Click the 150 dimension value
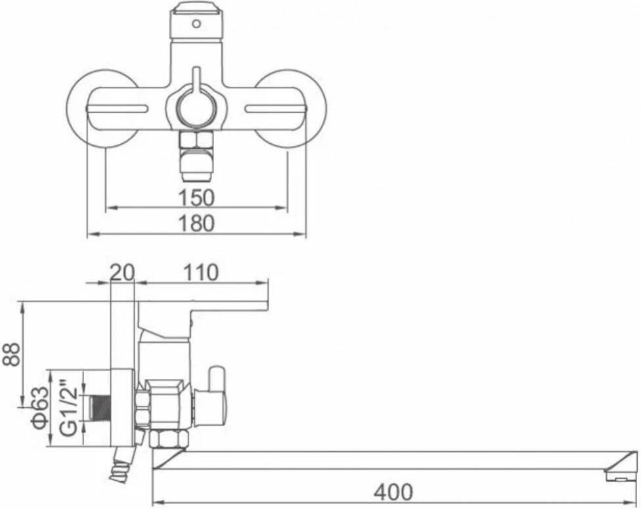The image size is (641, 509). [196, 198]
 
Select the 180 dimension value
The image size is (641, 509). [196, 224]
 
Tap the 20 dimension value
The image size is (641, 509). [122, 273]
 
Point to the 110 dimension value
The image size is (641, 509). [201, 273]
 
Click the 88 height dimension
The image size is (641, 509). [12, 354]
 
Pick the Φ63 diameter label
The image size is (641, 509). [41, 408]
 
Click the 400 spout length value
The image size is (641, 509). [393, 491]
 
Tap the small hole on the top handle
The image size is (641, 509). [196, 24]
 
